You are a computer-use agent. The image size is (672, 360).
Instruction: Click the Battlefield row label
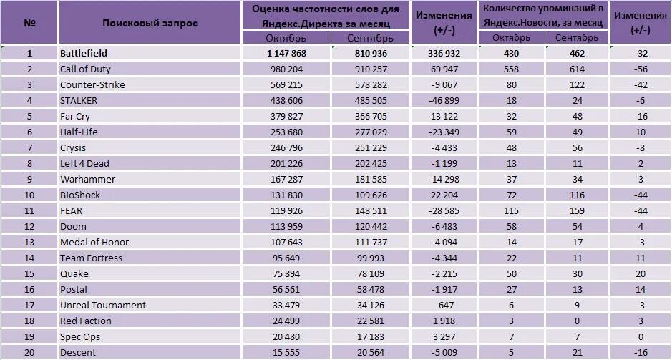coord(84,54)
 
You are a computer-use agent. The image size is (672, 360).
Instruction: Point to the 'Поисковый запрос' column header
coord(150,23)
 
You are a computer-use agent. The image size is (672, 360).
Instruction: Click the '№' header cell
coord(29,23)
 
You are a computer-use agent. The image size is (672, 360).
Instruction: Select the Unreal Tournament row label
coord(103,306)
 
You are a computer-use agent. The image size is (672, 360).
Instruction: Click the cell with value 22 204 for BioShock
coord(443,195)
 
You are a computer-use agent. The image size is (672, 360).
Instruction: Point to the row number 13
coord(29,243)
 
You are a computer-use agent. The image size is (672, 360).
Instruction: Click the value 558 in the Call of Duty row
coord(511,69)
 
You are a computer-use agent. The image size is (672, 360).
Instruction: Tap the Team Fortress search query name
coord(91,258)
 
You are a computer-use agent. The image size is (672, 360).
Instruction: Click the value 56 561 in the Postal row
coord(291,290)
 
